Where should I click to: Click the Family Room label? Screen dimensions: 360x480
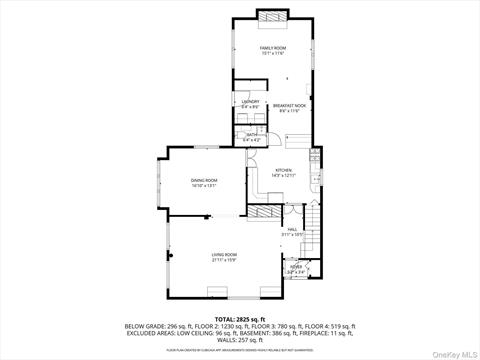click(273, 48)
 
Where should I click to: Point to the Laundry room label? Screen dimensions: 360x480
click(250, 101)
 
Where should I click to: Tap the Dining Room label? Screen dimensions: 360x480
click(204, 180)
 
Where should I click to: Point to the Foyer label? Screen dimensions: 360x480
click(296, 266)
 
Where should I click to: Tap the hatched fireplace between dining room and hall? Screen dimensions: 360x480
click(264, 213)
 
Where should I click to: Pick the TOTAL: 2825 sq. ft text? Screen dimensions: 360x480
click(240, 318)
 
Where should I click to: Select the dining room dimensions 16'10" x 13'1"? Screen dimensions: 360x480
click(204, 185)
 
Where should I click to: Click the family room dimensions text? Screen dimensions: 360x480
click(273, 53)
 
